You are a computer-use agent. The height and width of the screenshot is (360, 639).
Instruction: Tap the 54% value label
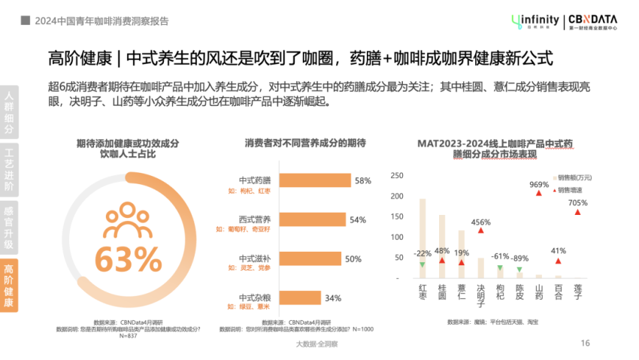(x=358, y=219)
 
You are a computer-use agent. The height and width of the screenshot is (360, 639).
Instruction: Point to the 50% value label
(x=353, y=259)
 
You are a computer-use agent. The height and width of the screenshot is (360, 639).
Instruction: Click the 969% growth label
(x=539, y=184)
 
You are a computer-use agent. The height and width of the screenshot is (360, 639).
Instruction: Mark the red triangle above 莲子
(x=577, y=212)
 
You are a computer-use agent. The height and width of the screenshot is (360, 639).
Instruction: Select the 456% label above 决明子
(x=480, y=222)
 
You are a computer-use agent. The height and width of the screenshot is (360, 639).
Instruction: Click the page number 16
(x=585, y=343)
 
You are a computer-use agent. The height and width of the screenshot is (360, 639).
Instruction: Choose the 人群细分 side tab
(x=9, y=113)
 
